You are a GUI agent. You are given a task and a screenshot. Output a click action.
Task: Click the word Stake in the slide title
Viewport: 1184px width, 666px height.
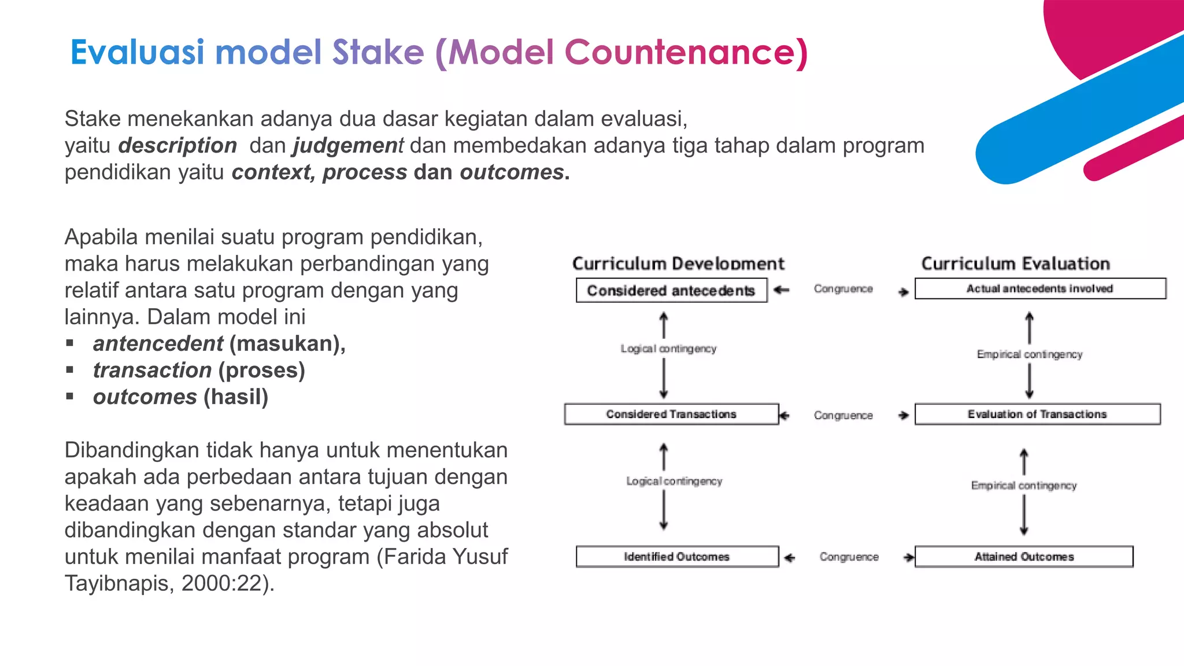(378, 53)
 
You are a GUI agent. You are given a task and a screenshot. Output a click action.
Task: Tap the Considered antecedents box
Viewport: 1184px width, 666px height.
(671, 290)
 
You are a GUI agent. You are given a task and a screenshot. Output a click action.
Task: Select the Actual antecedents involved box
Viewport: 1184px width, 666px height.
(1039, 288)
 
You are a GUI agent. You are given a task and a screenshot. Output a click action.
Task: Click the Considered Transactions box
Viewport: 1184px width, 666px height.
(671, 414)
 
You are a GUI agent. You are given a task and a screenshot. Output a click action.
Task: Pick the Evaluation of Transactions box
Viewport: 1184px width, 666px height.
(1037, 414)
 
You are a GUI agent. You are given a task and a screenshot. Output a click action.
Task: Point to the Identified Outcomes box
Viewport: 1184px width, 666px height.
(676, 556)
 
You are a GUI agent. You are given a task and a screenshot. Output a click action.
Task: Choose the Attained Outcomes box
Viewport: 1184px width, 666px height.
(1024, 556)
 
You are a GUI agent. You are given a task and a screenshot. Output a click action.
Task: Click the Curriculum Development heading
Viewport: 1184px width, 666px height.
(678, 264)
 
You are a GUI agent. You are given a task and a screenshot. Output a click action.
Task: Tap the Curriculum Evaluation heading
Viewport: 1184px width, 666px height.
(1016, 264)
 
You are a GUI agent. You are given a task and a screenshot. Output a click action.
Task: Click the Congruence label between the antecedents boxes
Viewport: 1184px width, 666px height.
(843, 288)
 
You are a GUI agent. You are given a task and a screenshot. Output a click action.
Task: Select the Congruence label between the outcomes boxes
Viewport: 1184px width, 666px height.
(849, 557)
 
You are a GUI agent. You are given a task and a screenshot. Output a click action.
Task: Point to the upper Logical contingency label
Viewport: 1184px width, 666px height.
(668, 349)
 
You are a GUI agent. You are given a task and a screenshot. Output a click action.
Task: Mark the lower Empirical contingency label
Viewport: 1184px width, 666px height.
(1024, 486)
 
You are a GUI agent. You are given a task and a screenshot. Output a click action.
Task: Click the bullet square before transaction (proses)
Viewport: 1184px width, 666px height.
(70, 370)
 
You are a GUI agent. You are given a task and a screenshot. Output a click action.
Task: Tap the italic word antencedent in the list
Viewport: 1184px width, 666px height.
(158, 344)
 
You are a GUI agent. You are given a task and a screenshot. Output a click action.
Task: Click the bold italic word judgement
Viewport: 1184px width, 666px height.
(347, 146)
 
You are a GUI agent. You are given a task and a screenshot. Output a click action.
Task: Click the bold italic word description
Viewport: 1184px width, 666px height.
(177, 146)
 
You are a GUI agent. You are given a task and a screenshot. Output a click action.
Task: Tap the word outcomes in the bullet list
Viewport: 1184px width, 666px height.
(145, 397)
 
